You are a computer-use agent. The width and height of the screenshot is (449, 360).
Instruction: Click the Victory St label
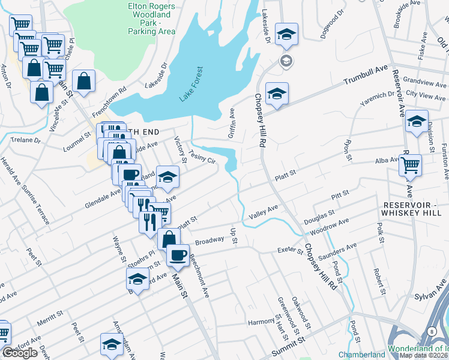pyautogui.click(x=179, y=149)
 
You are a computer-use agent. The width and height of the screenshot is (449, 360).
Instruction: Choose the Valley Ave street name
pyautogui.click(x=264, y=211)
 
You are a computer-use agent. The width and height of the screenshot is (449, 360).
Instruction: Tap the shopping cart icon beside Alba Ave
pyautogui.click(x=410, y=164)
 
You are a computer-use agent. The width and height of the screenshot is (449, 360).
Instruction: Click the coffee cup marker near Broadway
pyautogui.click(x=178, y=255)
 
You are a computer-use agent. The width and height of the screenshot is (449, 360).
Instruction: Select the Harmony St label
pyautogui.click(x=262, y=322)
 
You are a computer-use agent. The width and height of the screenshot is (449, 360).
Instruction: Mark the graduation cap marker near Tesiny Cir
pyautogui.click(x=168, y=177)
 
